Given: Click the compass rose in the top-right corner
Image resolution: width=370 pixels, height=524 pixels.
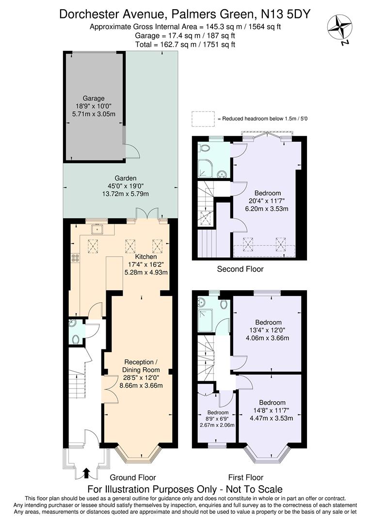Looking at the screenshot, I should [x=339, y=27].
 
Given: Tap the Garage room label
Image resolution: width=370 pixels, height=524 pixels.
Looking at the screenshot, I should [x=93, y=98].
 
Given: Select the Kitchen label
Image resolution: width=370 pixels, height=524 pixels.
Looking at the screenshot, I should [x=146, y=257].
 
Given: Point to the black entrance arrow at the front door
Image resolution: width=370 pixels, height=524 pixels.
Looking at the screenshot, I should [x=86, y=472].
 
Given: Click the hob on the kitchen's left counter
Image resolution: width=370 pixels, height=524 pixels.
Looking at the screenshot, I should [x=75, y=259].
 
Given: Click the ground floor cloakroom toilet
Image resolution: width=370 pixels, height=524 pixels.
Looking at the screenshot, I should [x=75, y=338].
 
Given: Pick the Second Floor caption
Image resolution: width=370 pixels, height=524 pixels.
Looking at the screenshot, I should [x=240, y=269].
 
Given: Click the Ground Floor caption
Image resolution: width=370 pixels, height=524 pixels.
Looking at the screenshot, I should [x=133, y=477].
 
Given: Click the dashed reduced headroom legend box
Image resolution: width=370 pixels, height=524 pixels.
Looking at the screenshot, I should [x=202, y=118].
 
